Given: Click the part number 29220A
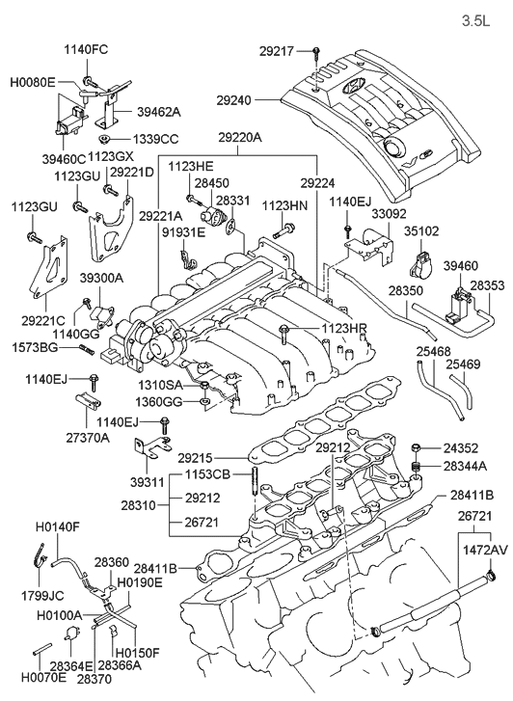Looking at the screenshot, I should coord(238,139).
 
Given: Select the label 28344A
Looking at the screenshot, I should coord(466,465).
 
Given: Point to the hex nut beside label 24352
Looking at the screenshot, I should coord(415,448).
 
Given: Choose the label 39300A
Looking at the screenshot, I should coord(100,278).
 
